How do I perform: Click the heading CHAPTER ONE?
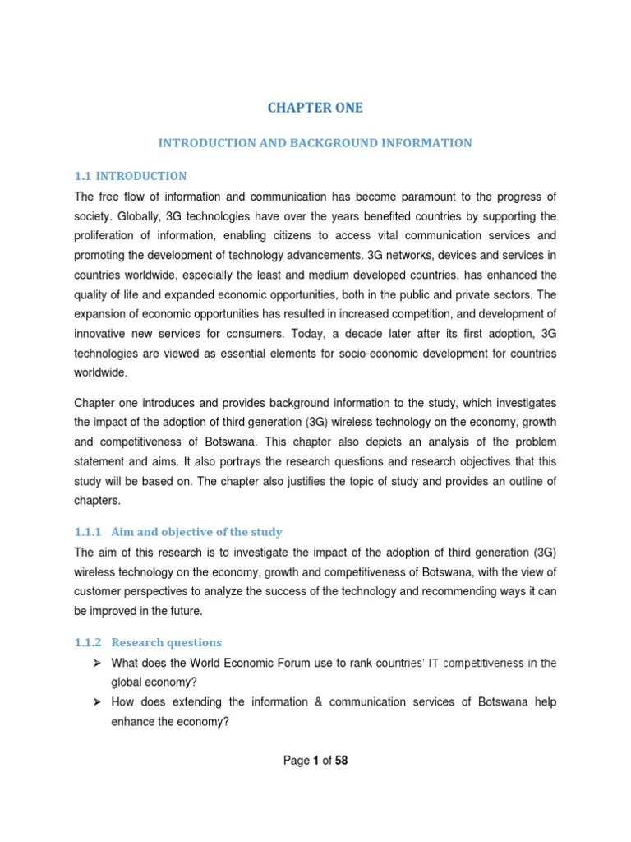pyautogui.click(x=315, y=108)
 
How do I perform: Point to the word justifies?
pyautogui.click(x=302, y=480)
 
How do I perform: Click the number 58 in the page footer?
pyautogui.click(x=341, y=761)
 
